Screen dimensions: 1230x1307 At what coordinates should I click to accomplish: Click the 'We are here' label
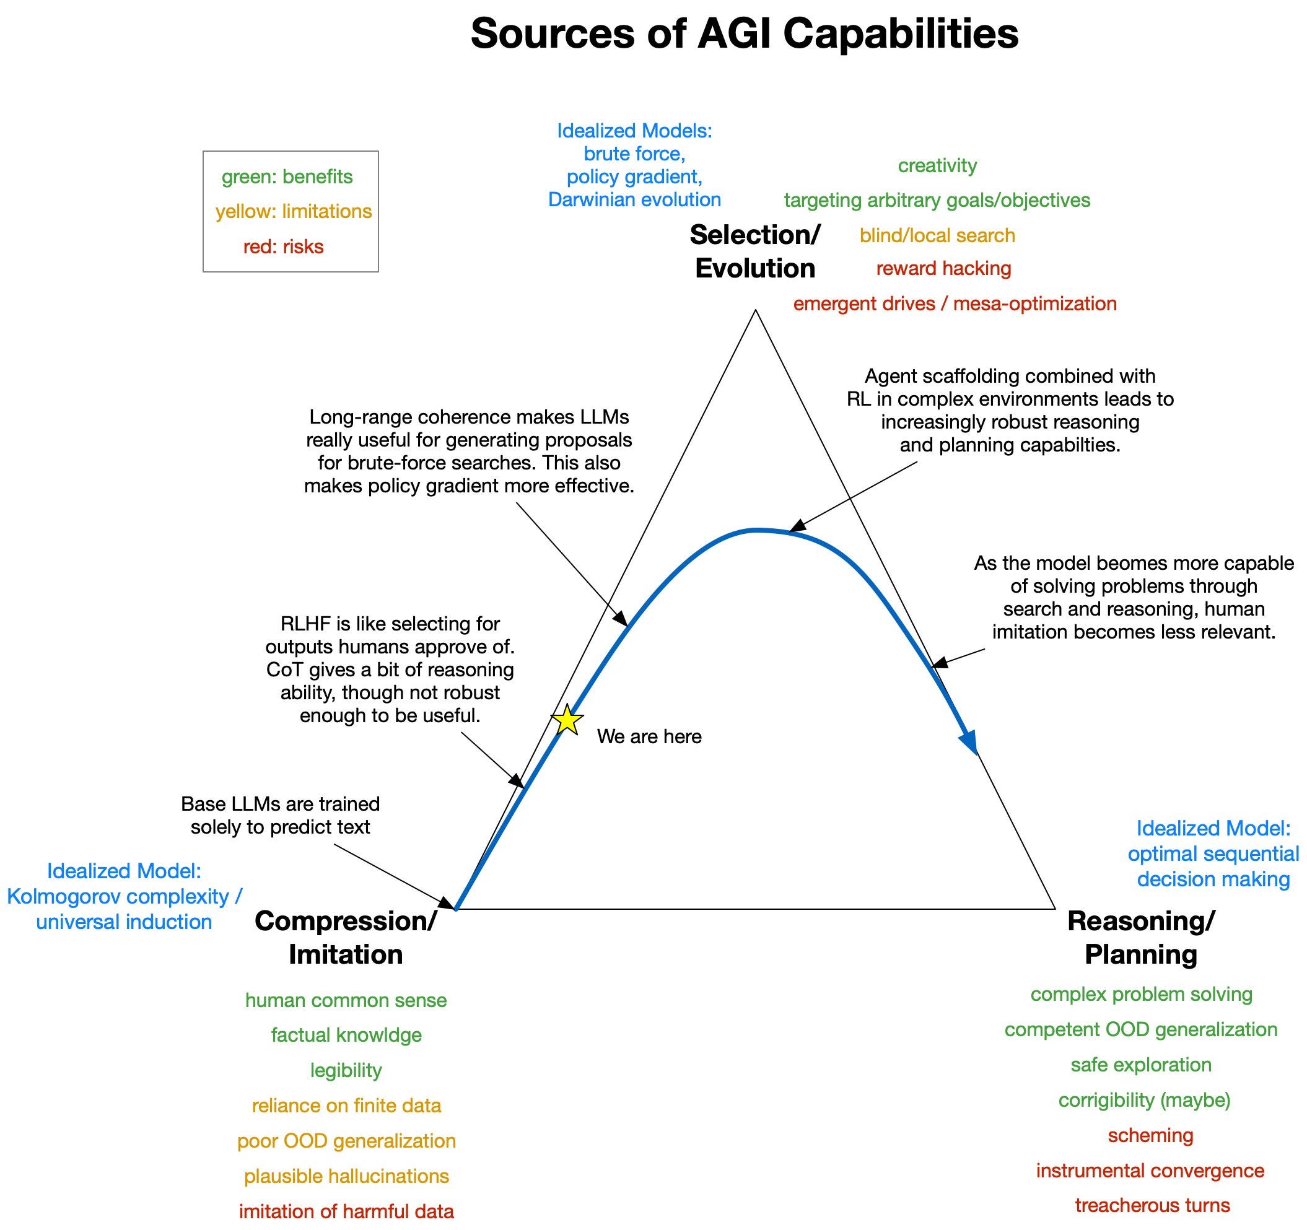[649, 736]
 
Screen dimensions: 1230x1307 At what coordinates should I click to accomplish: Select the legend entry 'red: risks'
[283, 246]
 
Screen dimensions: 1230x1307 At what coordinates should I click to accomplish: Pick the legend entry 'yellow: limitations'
[293, 211]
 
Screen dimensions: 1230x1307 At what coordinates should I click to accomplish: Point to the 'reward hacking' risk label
[943, 268]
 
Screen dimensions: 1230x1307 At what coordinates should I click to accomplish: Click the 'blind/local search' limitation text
[937, 235]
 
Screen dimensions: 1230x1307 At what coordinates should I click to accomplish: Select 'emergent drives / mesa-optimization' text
[955, 303]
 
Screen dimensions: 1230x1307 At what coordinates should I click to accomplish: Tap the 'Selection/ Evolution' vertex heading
[754, 251]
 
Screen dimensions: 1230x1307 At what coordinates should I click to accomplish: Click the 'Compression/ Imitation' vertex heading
[346, 938]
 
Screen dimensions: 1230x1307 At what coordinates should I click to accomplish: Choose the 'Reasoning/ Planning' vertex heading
[1140, 938]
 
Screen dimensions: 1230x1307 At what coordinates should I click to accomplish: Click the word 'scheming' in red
[1150, 1135]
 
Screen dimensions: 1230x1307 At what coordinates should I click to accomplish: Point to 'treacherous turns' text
[1152, 1205]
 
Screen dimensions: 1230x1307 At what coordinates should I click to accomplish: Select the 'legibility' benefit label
[346, 1070]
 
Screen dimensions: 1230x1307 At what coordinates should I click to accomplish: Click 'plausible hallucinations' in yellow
[346, 1175]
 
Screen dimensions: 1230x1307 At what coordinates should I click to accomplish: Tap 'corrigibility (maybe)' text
[1144, 1100]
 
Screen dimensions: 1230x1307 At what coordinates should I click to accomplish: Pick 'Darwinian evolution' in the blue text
[634, 200]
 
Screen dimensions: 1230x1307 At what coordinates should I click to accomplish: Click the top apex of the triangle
[756, 311]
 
